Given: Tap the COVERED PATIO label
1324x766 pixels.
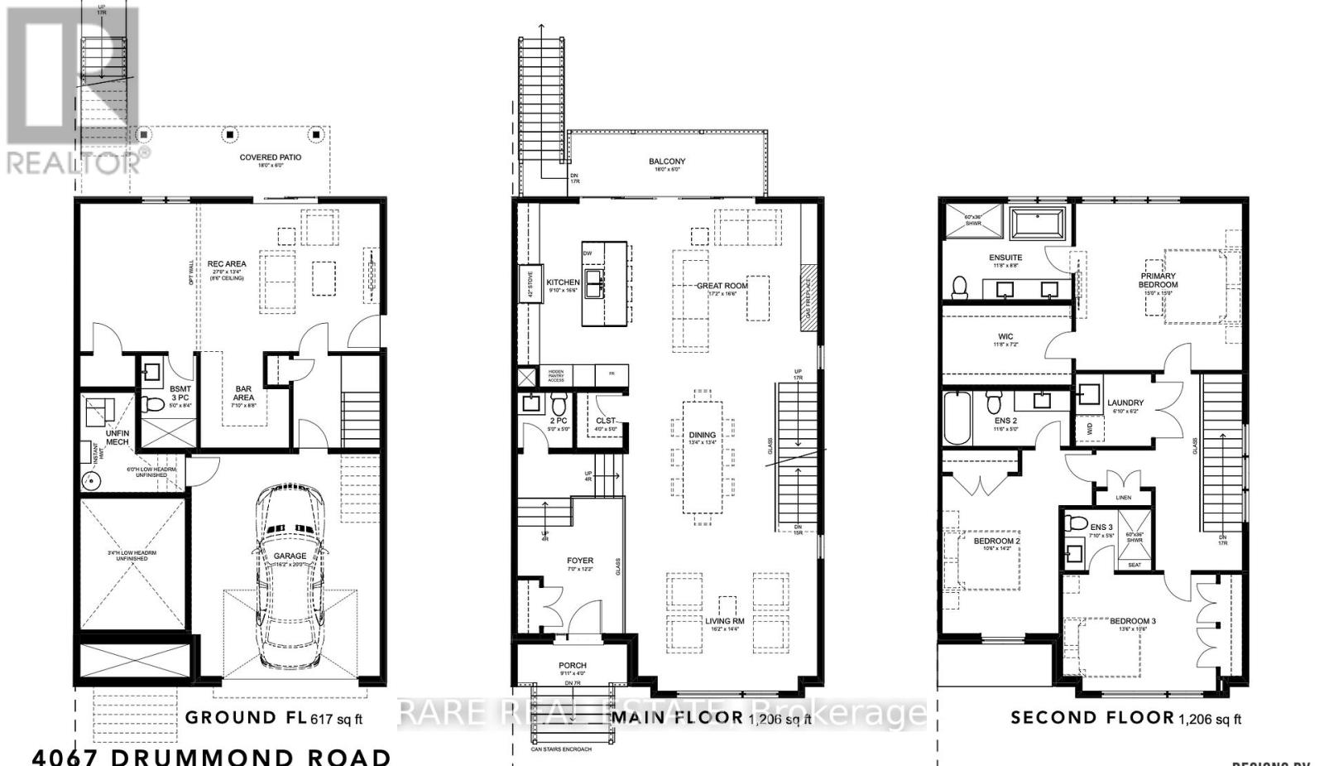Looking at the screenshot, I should tap(271, 157).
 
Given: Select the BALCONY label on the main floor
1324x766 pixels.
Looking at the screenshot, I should tap(667, 161).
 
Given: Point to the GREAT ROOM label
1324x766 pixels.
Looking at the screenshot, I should tap(722, 286).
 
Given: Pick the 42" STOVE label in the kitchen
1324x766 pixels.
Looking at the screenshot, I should tap(525, 282).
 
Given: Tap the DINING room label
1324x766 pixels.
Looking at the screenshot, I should tap(703, 435).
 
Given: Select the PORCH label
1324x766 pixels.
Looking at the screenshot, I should tap(573, 665).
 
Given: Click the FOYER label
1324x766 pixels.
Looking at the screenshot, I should tap(580, 561).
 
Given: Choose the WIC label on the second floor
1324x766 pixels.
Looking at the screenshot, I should tap(1005, 337).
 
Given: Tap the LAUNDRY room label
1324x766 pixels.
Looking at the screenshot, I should tap(1125, 403).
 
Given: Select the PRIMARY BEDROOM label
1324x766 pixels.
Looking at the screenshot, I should tap(1158, 280).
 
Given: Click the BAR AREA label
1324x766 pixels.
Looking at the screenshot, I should tap(243, 393).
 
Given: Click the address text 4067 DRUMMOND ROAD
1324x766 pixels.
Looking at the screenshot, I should tap(212, 755).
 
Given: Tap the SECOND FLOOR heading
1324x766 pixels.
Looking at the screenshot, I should tap(1091, 717).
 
